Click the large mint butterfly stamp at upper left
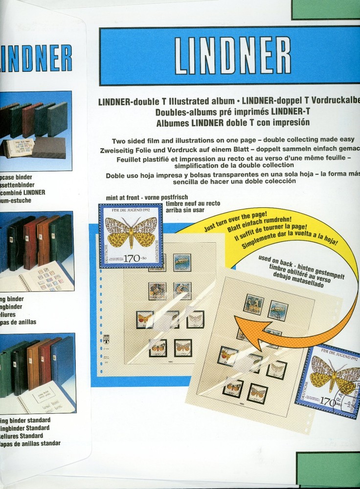[x=131, y=236]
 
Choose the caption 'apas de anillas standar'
[x=30, y=444]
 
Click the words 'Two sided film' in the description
[x=137, y=141]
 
